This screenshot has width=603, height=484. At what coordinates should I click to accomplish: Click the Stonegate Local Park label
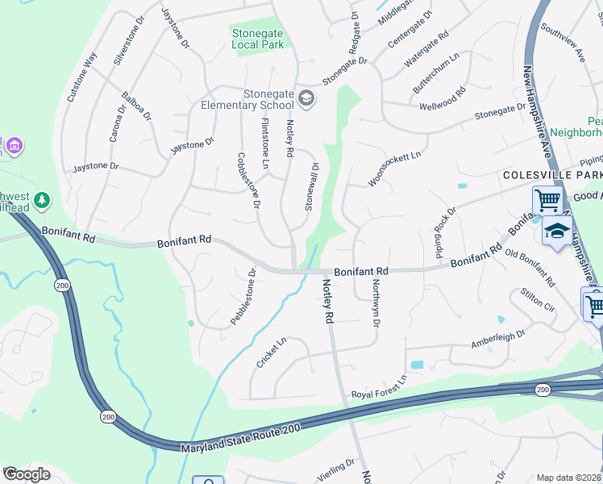pyautogui.click(x=257, y=39)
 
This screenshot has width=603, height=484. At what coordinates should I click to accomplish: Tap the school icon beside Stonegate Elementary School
pyautogui.click(x=306, y=99)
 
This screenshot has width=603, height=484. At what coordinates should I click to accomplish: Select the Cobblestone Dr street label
pyautogui.click(x=247, y=181)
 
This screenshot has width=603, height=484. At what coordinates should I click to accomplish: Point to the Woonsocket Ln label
pyautogui.click(x=395, y=169)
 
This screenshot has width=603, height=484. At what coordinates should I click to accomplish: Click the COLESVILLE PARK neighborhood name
pyautogui.click(x=551, y=174)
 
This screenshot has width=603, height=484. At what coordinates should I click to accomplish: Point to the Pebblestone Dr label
pyautogui.click(x=243, y=297)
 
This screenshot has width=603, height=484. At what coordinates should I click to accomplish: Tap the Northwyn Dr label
pyautogui.click(x=375, y=303)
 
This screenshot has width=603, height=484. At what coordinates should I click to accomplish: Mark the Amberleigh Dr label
pyautogui.click(x=498, y=339)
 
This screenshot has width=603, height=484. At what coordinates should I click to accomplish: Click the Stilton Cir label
pyautogui.click(x=539, y=301)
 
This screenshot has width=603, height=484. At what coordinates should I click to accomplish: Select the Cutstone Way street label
pyautogui.click(x=82, y=76)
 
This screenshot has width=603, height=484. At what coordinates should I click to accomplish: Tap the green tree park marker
pyautogui.click(x=42, y=198)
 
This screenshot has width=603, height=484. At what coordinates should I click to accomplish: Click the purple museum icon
pyautogui.click(x=14, y=146)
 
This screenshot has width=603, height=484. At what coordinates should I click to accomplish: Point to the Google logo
pyautogui.click(x=27, y=474)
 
